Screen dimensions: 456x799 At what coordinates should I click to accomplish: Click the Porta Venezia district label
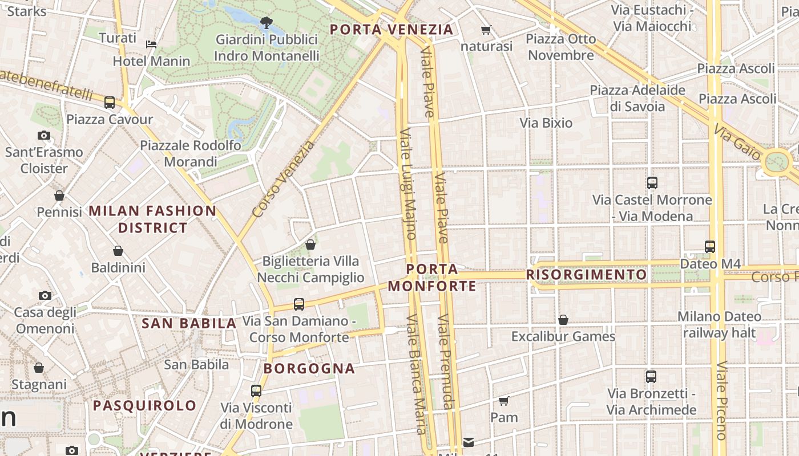click(x=392, y=30)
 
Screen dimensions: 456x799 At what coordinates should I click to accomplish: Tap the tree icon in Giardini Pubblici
click(x=266, y=23)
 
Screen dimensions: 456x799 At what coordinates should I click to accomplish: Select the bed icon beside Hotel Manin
click(x=151, y=44)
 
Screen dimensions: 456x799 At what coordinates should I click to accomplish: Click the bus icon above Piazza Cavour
click(x=110, y=103)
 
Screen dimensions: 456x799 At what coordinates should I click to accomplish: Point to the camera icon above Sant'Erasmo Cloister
click(x=44, y=136)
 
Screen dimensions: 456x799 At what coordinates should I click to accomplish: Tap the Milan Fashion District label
click(x=153, y=219)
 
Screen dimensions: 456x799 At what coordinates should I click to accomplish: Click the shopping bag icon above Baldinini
click(x=118, y=251)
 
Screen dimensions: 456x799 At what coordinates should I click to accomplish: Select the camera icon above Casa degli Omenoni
click(x=45, y=295)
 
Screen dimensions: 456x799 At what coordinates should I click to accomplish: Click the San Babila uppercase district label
click(x=189, y=324)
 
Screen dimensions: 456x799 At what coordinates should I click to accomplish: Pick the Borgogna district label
click(x=309, y=369)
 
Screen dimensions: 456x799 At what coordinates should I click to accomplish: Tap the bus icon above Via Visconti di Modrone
click(x=256, y=391)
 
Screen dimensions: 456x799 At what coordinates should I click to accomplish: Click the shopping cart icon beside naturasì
click(x=486, y=30)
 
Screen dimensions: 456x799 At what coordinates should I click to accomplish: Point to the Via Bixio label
click(x=546, y=123)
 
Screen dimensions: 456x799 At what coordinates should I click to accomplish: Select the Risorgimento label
click(x=586, y=275)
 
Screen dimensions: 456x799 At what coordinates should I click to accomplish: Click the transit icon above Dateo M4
click(x=710, y=247)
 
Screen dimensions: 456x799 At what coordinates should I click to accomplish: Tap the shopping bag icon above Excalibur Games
click(x=563, y=320)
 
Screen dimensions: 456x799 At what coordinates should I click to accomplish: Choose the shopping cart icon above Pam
click(x=504, y=401)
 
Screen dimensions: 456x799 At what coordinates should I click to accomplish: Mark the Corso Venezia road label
click(x=284, y=179)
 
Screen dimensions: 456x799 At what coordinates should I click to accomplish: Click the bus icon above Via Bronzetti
click(x=651, y=377)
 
